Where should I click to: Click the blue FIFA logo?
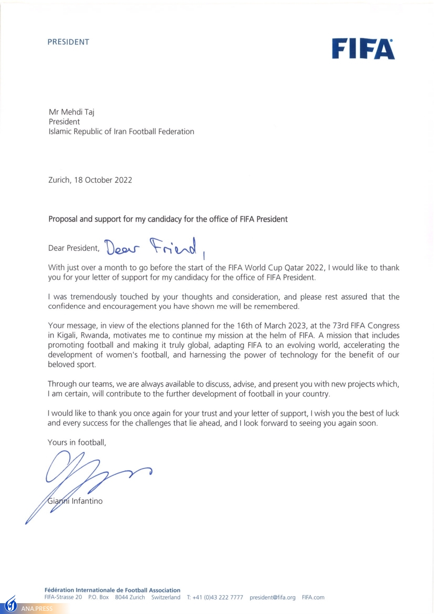point(363,49)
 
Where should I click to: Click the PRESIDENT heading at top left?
point(68,42)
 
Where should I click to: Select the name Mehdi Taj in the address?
point(78,112)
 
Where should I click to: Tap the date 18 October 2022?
point(103,180)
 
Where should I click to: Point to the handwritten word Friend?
point(173,247)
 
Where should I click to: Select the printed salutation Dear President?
point(74,248)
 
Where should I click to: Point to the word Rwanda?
point(95,336)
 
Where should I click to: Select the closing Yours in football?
point(77,442)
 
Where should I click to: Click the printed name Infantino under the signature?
point(87,501)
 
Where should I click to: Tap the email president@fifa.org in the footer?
point(272,598)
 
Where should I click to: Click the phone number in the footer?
point(218,598)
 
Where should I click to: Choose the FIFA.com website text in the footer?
point(313,598)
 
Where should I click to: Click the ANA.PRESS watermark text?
point(37,608)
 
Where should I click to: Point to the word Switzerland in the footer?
point(166,598)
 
